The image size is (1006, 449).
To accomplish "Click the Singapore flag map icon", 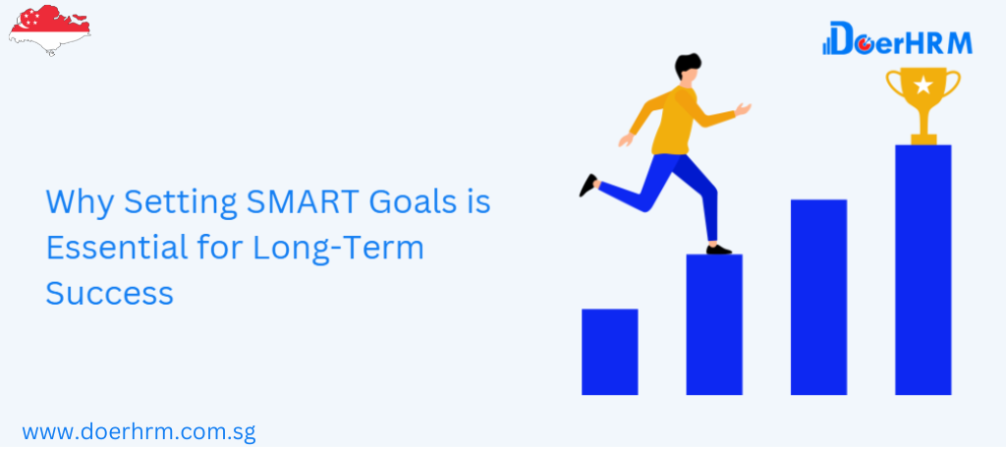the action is click(49, 29).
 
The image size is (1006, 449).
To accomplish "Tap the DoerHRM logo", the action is click(897, 38).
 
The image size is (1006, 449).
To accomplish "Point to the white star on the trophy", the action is click(923, 84).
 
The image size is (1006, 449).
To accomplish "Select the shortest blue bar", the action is click(609, 352).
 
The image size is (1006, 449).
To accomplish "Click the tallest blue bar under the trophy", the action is click(923, 270).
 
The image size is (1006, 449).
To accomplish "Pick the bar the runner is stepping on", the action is click(714, 324).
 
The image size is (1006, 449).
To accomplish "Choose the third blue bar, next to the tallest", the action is click(818, 297).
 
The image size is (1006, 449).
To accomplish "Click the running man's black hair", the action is click(688, 65).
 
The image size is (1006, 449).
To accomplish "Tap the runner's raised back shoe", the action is click(588, 185).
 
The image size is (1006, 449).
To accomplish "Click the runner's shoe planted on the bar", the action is click(718, 250).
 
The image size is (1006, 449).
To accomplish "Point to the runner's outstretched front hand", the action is click(743, 109).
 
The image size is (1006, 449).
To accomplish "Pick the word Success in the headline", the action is click(110, 294).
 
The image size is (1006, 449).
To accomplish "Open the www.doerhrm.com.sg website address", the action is click(140, 431).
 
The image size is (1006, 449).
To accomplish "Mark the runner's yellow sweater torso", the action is click(674, 121).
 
